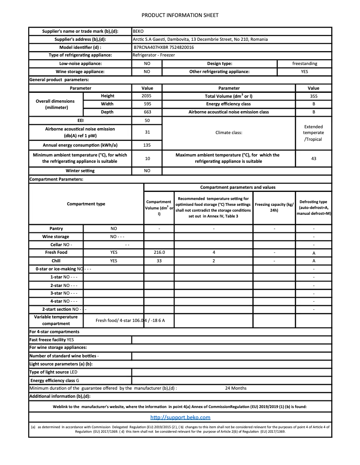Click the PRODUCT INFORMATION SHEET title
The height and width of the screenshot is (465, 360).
coord(180,15)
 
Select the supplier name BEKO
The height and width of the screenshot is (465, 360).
coord(138,31)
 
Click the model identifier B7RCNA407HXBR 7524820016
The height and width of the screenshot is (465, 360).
coord(164,47)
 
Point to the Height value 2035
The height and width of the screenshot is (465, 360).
coord(147,96)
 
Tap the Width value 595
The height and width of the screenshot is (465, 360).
coord(147,104)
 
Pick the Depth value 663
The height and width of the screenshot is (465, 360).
coord(147,112)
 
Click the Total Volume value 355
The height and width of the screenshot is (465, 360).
coord(313,96)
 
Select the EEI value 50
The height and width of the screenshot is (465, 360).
coord(147,121)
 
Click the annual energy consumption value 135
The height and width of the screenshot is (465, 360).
coord(147,145)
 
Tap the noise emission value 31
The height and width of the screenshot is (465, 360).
coord(147,132)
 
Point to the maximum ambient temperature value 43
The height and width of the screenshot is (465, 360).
coord(313,158)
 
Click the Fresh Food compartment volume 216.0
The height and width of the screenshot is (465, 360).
coord(159,252)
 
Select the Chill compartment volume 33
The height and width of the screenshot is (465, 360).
coord(159,261)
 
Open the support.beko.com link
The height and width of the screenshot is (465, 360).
coord(180,417)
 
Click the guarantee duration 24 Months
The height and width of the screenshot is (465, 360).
coord(236,388)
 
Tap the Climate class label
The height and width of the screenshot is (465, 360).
coord(229,133)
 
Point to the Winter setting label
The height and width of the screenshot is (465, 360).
coord(80,171)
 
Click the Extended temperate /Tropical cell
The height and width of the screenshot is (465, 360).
coord(313,133)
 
